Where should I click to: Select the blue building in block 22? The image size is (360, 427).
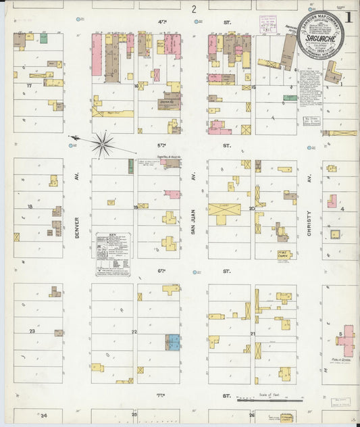[x=174, y=342]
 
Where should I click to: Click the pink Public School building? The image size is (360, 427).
[x=346, y=343]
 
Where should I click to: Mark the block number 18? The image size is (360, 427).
[x=30, y=206]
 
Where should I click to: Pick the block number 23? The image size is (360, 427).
[x=32, y=331]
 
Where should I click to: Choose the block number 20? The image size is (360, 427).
[x=251, y=209]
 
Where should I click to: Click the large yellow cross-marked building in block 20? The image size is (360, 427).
[x=224, y=213]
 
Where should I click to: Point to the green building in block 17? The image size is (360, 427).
[x=43, y=39]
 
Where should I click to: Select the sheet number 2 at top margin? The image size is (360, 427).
[x=193, y=9]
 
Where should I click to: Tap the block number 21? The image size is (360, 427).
[x=252, y=334]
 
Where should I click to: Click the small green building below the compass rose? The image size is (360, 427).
[x=130, y=166]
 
